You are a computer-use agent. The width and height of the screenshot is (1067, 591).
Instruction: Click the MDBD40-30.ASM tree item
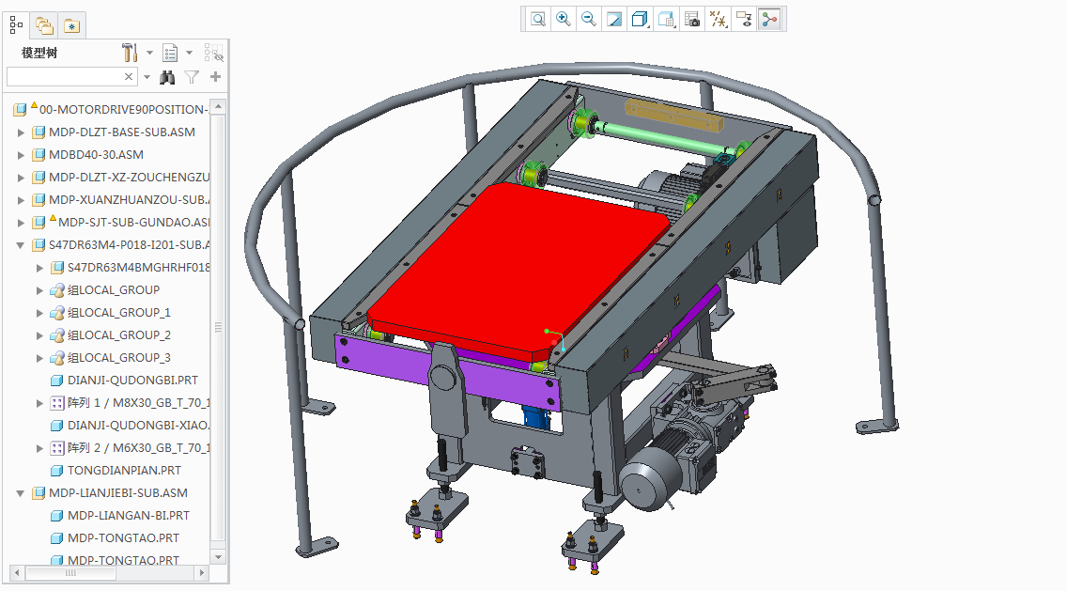pos(96,155)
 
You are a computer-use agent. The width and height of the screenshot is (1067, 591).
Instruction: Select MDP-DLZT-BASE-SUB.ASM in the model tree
pos(121,132)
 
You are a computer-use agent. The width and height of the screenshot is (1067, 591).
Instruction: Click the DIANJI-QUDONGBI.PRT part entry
pos(131,381)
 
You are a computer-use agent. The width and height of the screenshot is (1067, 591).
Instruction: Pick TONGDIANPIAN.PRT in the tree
pos(124,471)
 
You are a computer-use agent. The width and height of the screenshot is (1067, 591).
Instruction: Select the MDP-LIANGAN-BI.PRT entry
pos(128,516)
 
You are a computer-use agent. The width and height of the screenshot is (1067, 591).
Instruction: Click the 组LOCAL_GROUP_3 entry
pos(118,358)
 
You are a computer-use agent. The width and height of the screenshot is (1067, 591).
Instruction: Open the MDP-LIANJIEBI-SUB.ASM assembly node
pos(117,493)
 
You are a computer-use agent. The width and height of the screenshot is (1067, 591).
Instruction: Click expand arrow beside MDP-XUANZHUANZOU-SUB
pos(22,200)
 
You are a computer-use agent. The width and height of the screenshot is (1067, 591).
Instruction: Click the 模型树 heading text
pos(39,53)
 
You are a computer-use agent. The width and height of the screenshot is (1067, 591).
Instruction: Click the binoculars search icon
pos(167,77)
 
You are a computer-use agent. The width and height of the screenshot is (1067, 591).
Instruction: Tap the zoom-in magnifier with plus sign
pos(564,19)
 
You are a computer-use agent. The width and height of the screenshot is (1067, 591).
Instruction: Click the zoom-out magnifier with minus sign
pos(589,19)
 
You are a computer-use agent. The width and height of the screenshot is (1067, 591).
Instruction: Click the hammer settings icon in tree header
pos(130,53)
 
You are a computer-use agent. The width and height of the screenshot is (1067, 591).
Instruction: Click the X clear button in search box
pos(130,77)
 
